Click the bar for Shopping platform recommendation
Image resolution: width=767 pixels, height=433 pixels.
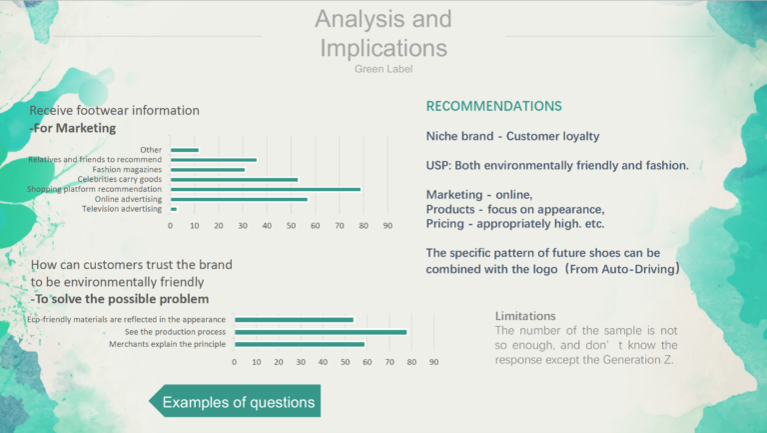click(266, 190)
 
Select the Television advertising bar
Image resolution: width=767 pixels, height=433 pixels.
click(174, 209)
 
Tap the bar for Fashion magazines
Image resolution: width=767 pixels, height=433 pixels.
click(208, 170)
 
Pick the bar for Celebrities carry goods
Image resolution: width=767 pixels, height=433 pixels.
click(235, 180)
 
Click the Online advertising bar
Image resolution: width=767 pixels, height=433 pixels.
click(240, 199)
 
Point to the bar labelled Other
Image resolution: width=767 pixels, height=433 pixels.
click(185, 150)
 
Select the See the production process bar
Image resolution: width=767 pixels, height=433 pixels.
click(321, 332)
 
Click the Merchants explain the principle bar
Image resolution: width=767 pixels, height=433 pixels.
click(300, 344)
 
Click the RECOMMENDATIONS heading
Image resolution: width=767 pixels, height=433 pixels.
click(493, 106)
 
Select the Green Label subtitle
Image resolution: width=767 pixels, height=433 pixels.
click(383, 69)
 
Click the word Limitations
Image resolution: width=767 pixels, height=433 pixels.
click(525, 316)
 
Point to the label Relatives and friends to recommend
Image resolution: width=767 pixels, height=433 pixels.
click(95, 160)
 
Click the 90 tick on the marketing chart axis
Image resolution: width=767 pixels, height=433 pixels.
click(387, 226)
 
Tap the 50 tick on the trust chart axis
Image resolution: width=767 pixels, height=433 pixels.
click(345, 362)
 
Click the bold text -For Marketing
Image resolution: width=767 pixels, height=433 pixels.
click(73, 128)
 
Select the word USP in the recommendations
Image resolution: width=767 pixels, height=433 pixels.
click(437, 166)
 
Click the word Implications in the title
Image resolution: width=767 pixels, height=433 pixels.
click(383, 48)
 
